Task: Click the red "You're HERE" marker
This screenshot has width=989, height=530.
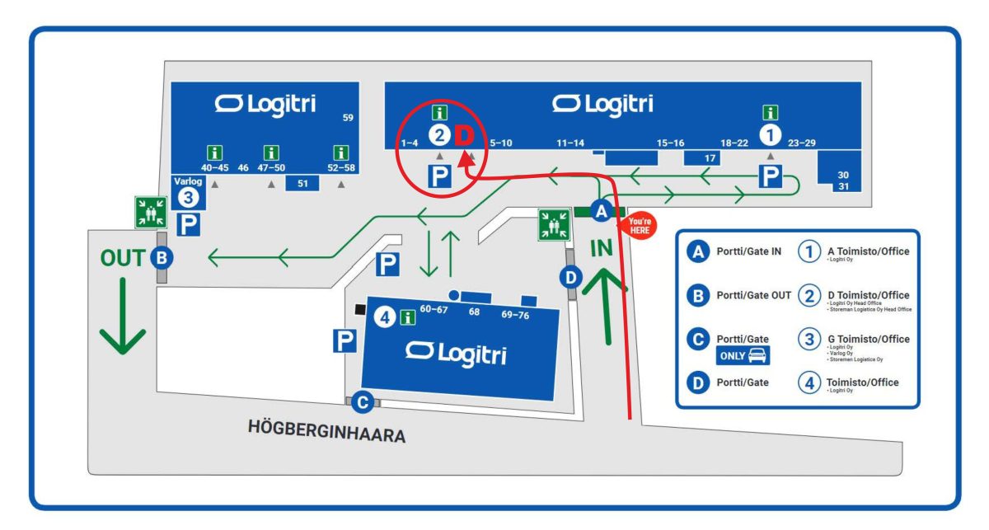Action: [x=640, y=227]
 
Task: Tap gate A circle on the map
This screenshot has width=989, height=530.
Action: [x=602, y=212]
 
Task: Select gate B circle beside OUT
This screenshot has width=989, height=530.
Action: [x=162, y=258]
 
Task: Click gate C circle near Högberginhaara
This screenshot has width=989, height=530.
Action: [x=363, y=402]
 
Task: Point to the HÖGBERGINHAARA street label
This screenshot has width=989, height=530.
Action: [x=326, y=431]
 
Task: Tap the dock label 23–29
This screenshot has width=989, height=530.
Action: [x=801, y=143]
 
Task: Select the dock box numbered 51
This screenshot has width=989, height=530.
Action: [x=302, y=183]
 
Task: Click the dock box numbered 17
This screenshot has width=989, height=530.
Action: [x=710, y=157]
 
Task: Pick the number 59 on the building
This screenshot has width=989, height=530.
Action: [x=348, y=118]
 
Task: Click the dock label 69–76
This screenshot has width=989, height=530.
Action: [x=515, y=315]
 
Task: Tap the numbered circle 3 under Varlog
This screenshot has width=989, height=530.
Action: [x=189, y=198]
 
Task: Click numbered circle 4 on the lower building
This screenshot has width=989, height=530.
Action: [x=384, y=316]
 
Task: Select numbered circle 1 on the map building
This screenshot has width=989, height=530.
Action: [x=770, y=133]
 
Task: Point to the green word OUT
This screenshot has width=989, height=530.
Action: [x=123, y=258]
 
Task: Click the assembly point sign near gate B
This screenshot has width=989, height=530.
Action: [x=151, y=212]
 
